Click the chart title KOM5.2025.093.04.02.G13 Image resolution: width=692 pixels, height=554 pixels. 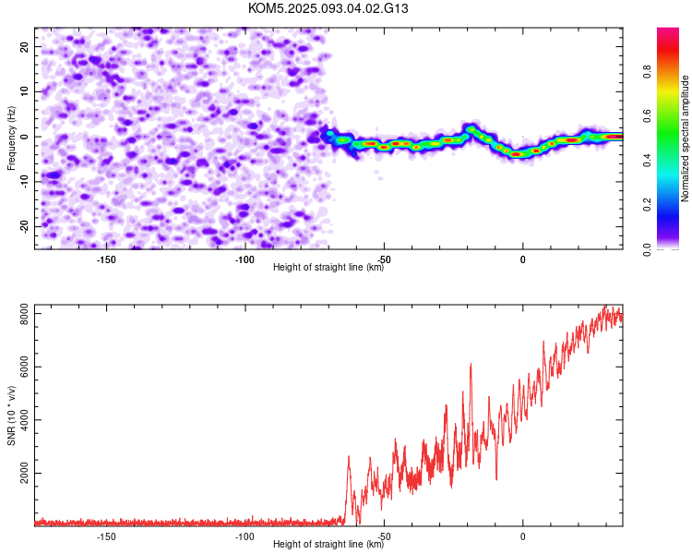pos(328,8)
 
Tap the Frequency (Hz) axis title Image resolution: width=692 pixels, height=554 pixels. pos(11,138)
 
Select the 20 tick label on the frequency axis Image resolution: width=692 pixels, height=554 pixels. pos(24,46)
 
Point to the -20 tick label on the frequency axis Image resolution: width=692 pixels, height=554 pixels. pos(24,227)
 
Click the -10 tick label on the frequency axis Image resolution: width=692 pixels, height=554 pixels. pos(24,182)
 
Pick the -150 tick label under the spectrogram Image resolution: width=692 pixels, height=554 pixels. pos(106,259)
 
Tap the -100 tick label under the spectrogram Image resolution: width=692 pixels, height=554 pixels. pos(245,259)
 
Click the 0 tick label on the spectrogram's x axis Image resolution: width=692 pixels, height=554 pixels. pos(522,259)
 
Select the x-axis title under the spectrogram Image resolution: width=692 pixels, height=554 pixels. pos(328,267)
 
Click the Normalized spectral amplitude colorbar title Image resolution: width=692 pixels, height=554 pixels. pos(685,138)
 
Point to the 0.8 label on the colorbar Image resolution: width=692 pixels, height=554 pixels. pos(647,71)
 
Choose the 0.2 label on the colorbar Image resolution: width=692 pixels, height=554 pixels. pos(647,205)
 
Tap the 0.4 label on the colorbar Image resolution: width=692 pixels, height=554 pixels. pos(647,160)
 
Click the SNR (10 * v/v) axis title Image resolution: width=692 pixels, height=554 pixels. pos(11,415)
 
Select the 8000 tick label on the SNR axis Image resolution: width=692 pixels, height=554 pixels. pos(24,314)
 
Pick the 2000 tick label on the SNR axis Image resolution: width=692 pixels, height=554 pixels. pos(24,473)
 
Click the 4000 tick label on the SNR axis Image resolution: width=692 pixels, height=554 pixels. pos(24,420)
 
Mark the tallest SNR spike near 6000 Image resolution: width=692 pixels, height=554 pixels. pos(471,364)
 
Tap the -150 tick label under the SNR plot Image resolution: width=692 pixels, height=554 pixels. pos(106,536)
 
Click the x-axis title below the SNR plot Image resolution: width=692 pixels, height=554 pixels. pos(328,544)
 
